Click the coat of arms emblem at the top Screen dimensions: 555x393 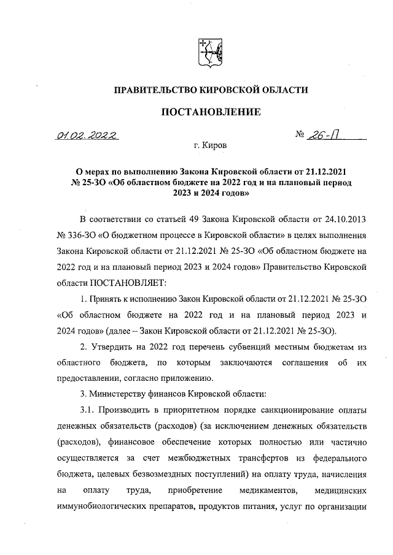[x=208, y=53]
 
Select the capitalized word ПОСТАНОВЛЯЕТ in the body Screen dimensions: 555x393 [x=128, y=284]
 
